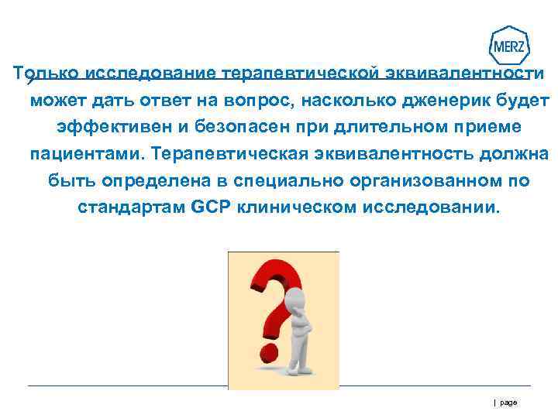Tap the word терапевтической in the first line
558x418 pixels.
[301, 74]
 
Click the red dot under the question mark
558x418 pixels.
[270, 353]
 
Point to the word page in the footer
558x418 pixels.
[508, 403]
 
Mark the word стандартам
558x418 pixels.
[131, 207]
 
